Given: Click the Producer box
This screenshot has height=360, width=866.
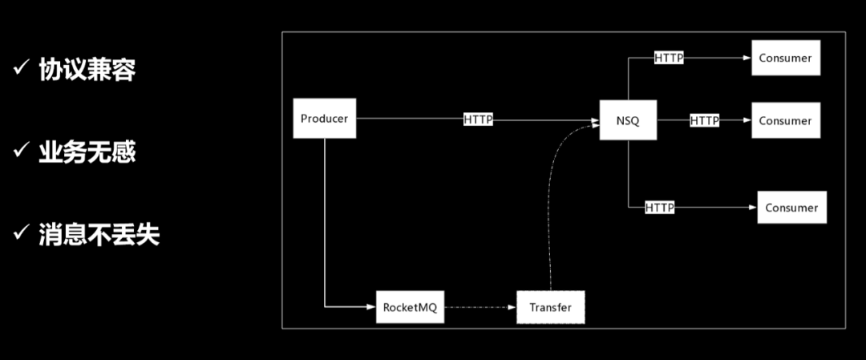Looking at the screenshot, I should tap(324, 119).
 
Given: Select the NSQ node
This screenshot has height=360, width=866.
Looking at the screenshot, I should tap(628, 120).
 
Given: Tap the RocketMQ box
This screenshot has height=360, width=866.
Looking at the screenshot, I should tap(410, 307).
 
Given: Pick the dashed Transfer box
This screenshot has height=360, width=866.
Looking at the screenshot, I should tap(551, 307).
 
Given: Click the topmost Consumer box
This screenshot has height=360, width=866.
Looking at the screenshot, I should tap(786, 58).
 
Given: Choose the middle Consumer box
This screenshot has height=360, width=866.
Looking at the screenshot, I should tap(786, 121).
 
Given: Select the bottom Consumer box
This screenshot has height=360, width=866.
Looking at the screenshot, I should tap(791, 208).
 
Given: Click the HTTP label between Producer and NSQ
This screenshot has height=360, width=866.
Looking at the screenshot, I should tap(478, 119).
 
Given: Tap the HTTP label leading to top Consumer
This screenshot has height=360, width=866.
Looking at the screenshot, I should tap(669, 58).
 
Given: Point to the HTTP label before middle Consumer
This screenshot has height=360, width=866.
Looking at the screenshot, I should tap(704, 120).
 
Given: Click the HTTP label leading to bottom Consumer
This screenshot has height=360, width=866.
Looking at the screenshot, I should tap(660, 208).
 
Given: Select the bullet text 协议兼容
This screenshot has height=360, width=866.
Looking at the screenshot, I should tap(87, 70).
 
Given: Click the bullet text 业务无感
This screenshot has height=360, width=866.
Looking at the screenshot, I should tap(87, 152).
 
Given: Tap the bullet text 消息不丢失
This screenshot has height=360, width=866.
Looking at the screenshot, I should tap(99, 234).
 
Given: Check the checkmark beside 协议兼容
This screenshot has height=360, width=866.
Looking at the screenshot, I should tap(21, 70).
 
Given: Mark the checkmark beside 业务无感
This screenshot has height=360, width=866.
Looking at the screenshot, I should tap(21, 152).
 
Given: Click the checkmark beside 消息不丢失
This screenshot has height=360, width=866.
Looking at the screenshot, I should tap(21, 234).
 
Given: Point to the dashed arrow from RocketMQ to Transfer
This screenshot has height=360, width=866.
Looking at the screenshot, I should tap(480, 307).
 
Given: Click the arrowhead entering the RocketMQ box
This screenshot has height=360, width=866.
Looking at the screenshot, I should tap(371, 306).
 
